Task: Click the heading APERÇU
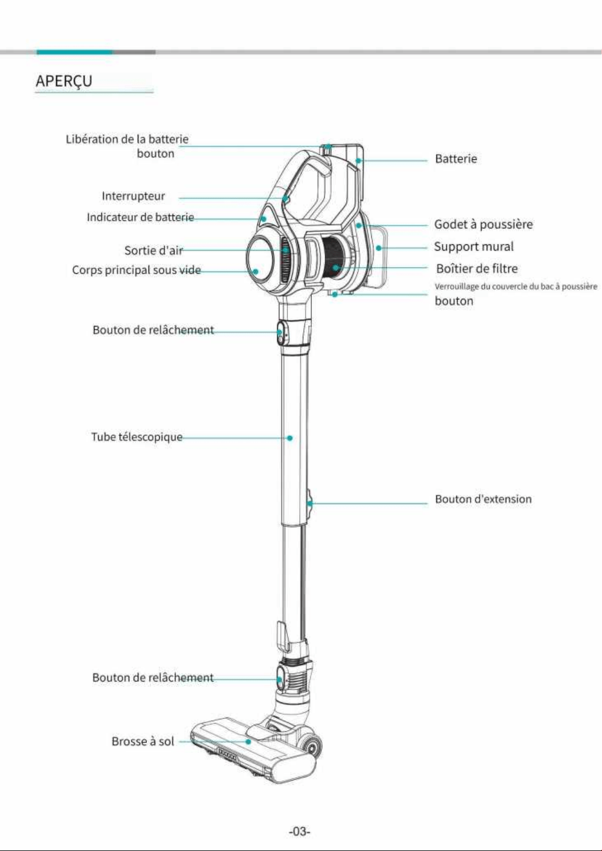point(64,81)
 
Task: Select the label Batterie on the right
point(456,158)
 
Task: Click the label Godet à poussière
point(484,224)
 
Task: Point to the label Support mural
point(474,247)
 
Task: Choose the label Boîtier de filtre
point(477,269)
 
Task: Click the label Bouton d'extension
point(483,499)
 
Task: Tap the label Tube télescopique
point(137,437)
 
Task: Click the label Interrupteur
point(133,196)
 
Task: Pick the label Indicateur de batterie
point(141,217)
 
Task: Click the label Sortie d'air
point(154,251)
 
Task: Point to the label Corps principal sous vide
point(137,270)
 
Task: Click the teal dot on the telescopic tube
point(290,438)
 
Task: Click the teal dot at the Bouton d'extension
point(310,504)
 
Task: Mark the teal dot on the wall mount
point(378,248)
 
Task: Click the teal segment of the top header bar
point(75,52)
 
